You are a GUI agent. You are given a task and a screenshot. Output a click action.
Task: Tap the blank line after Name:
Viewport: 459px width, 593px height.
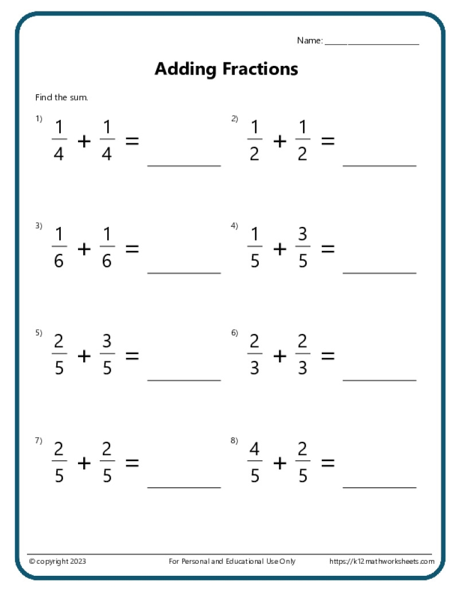coord(372,44)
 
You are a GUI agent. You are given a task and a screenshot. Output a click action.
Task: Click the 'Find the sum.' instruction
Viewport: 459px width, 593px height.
coord(62,97)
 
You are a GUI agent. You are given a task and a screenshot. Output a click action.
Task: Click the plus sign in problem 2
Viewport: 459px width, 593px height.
coord(279,141)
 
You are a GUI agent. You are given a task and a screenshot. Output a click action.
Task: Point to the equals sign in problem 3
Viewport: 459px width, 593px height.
coord(132,249)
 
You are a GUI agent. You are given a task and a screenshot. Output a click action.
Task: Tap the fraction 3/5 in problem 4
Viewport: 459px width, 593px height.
coord(303,249)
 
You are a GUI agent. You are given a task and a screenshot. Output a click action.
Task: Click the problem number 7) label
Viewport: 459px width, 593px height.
coord(38,440)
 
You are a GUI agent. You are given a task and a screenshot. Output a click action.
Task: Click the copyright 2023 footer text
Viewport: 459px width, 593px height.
coord(57,561)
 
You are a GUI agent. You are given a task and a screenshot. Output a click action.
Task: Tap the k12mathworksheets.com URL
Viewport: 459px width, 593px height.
coord(382,561)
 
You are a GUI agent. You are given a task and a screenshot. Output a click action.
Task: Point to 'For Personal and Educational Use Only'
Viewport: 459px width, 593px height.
coord(232,561)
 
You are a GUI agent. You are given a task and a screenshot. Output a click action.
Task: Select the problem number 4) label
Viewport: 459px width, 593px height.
coord(234,226)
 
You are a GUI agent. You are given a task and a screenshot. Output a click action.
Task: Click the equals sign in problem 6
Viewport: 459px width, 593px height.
coord(328,356)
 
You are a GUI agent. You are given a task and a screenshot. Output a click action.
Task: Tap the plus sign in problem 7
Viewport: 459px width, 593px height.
coord(84,463)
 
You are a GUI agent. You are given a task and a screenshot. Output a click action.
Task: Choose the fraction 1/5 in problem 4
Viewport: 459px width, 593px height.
coord(255,249)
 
